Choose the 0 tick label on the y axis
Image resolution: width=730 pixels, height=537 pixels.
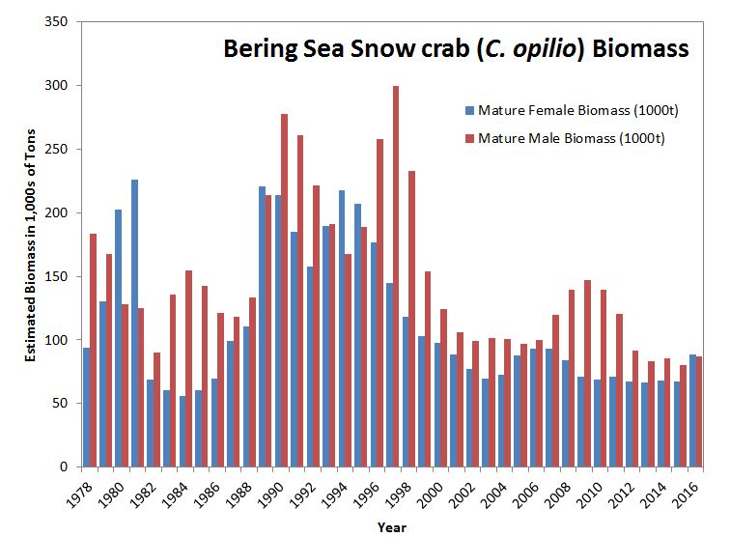[71, 467]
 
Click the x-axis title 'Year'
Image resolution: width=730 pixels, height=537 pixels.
[392, 527]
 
